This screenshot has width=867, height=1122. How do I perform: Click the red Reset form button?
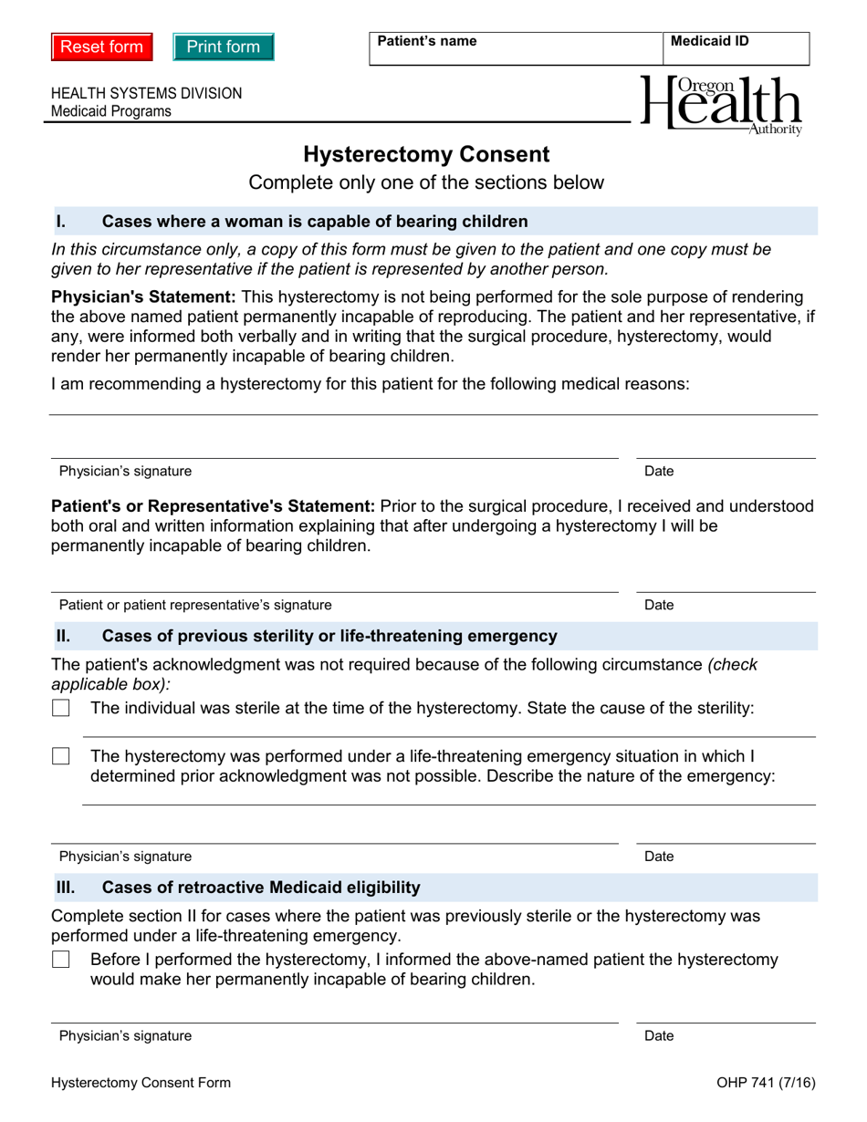pos(101,47)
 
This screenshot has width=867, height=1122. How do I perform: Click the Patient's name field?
pos(516,53)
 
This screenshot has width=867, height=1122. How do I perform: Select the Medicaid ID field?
pos(736,53)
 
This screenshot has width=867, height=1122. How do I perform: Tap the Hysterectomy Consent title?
pos(426,154)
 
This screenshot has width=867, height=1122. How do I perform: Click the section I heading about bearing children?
pos(314,221)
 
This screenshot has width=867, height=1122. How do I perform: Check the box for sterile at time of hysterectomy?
pos(61,708)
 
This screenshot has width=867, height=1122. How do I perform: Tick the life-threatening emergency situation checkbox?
pos(61,756)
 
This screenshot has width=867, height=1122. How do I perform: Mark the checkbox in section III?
pos(61,960)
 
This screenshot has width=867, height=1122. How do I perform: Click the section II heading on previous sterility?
pos(329,636)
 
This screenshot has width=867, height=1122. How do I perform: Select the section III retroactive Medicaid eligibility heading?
pos(261,887)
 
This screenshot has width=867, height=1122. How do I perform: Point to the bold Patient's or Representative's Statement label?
pos(213,506)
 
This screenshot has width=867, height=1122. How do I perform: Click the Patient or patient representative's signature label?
pos(195,605)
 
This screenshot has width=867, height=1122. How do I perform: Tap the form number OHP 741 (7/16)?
pos(766,1083)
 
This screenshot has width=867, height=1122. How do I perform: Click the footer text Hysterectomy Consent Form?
pos(141,1083)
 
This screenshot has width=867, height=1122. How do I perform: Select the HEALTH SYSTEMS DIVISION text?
pos(147,93)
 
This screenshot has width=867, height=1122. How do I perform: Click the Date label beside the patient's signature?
pos(659,605)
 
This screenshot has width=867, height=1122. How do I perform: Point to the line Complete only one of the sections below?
pos(426,182)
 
